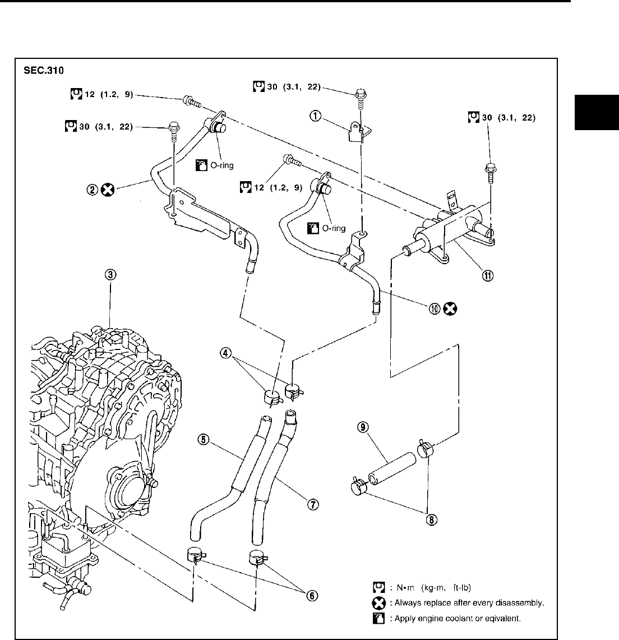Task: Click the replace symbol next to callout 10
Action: (450, 309)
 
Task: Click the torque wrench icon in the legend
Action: (378, 588)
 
